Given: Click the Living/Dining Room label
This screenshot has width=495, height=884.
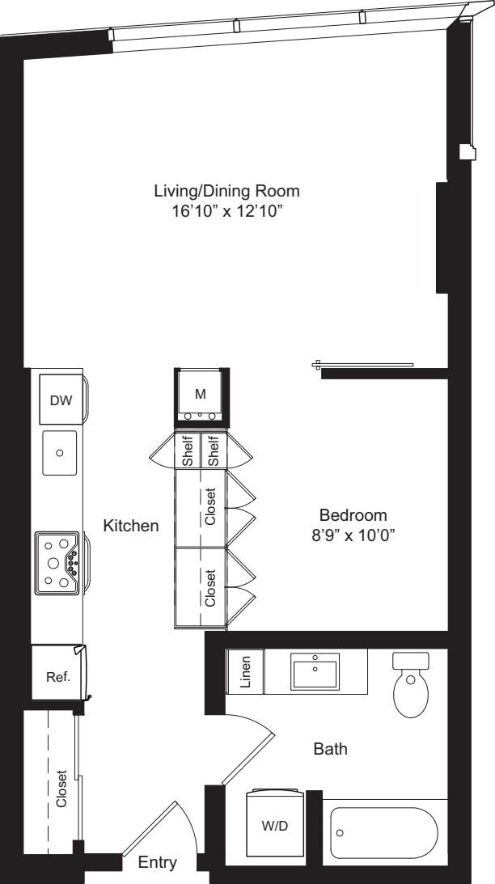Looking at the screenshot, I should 226,192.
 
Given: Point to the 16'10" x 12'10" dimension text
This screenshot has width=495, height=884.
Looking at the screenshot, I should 226,211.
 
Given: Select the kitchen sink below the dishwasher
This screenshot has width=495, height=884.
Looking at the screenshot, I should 59,453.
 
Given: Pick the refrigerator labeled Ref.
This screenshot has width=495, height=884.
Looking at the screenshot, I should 57,677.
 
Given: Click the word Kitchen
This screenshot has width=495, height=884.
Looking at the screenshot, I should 131,526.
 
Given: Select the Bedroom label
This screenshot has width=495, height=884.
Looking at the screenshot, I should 353,514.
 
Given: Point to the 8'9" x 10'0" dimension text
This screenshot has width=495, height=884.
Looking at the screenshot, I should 353,535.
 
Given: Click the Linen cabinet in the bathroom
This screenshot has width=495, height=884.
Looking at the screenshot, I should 246,671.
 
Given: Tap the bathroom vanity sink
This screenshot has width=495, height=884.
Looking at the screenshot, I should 315,671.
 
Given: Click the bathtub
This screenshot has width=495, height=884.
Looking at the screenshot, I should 384,832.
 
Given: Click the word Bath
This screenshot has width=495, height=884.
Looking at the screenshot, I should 330,750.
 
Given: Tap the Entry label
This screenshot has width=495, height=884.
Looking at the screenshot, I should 157,864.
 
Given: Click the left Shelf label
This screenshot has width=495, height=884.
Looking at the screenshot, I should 188,451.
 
